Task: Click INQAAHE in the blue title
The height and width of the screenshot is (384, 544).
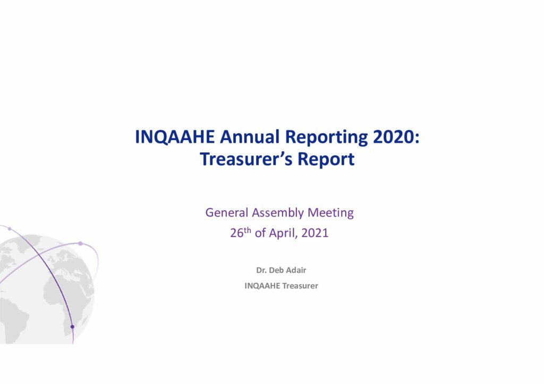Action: [x=175, y=137]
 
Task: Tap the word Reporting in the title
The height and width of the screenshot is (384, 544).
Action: [x=326, y=138]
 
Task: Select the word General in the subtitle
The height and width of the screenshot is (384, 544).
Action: [x=227, y=212]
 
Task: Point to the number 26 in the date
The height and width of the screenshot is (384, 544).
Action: [x=236, y=233]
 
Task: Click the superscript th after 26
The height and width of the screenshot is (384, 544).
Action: [x=248, y=230]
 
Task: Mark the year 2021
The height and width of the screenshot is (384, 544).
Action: [x=315, y=233]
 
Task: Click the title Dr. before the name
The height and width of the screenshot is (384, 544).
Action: [x=261, y=270]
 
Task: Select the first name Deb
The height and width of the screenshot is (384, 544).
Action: [x=276, y=270]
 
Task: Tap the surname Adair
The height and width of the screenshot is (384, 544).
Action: [x=296, y=270]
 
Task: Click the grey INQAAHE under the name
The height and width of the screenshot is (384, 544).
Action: [x=262, y=286]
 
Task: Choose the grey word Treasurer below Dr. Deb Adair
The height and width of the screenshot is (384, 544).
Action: [x=300, y=286]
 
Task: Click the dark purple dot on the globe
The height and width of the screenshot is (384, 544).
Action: [x=72, y=327]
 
